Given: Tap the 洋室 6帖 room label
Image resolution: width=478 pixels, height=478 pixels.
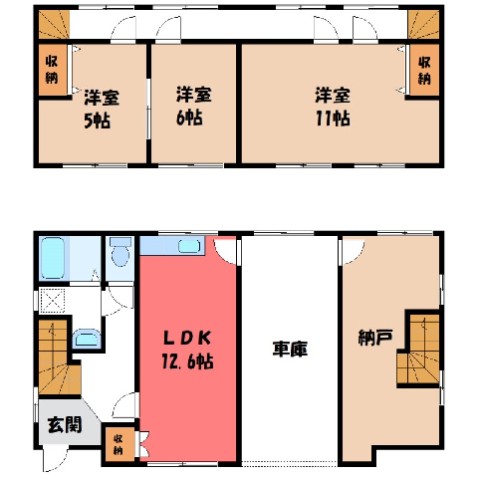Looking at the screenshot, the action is point(193,107).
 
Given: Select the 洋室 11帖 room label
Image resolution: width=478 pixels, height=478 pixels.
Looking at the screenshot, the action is point(333,107).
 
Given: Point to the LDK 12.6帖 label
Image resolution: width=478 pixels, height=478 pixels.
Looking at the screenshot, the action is point(187,351).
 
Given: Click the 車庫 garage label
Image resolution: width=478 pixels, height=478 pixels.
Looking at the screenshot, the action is point(290,349).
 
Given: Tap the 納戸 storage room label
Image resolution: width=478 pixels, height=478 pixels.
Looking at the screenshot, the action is point(375,338).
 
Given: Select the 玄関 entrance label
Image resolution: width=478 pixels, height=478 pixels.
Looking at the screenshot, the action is point(65,425).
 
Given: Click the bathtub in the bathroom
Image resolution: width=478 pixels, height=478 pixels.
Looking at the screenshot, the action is point(52,258).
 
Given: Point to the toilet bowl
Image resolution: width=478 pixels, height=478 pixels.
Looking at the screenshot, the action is point(120,252).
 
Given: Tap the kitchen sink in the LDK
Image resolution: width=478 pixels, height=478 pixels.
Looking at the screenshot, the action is point(189,246).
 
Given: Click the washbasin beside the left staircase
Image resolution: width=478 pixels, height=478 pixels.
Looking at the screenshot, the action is point(87,339).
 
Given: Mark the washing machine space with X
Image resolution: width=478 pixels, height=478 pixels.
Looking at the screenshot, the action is point(52,301).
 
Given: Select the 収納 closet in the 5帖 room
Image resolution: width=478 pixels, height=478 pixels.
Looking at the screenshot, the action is point(53,70).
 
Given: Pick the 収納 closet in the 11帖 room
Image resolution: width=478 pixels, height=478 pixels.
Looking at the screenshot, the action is point(424,70).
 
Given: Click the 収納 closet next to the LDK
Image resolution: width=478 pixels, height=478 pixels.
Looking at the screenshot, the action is point(119,444).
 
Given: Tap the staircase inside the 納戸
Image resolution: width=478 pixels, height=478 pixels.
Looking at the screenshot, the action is point(419,351).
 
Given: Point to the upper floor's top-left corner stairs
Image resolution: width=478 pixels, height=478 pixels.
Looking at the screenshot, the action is point(54,24).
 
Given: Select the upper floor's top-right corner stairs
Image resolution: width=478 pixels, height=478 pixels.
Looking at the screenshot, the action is point(423,24).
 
